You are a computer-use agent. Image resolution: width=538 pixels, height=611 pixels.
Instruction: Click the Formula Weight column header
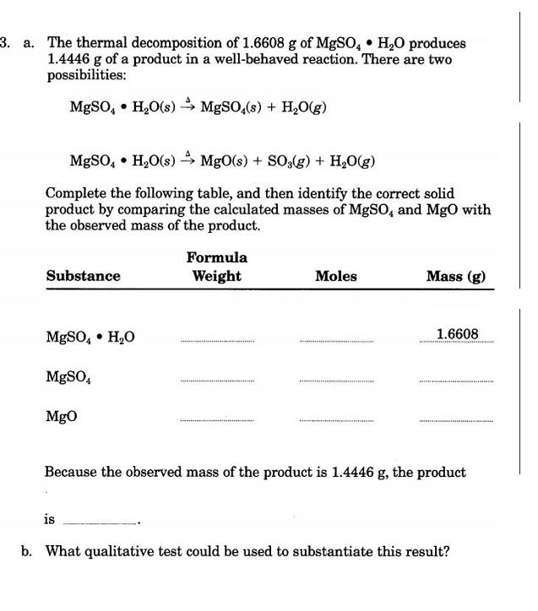pos(217,267)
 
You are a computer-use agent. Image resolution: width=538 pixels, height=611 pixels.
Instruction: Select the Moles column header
pos(335,276)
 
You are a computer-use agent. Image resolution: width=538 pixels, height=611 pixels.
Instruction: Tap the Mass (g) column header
pos(456,276)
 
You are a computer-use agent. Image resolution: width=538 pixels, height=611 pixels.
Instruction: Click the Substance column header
pos(83,276)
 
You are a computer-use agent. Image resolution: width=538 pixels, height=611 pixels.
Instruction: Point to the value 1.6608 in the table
pos(458,334)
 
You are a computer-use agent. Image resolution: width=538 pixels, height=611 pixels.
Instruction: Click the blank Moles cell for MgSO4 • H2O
pos(335,340)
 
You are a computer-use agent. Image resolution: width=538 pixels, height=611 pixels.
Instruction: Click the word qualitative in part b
pos(145,552)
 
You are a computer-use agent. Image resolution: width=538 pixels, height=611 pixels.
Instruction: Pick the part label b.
pos(28,552)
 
